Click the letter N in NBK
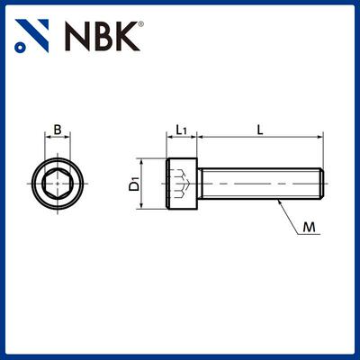click(x=77, y=35)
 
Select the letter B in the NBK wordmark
click(x=103, y=35)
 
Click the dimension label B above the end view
click(x=58, y=130)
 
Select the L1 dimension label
click(x=181, y=130)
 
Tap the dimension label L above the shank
click(x=259, y=130)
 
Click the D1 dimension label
click(x=134, y=184)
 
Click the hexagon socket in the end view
click(x=58, y=184)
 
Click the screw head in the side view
click(x=182, y=184)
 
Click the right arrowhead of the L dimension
click(x=319, y=139)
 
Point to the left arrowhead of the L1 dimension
click(x=169, y=139)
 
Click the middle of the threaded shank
click(x=259, y=184)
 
